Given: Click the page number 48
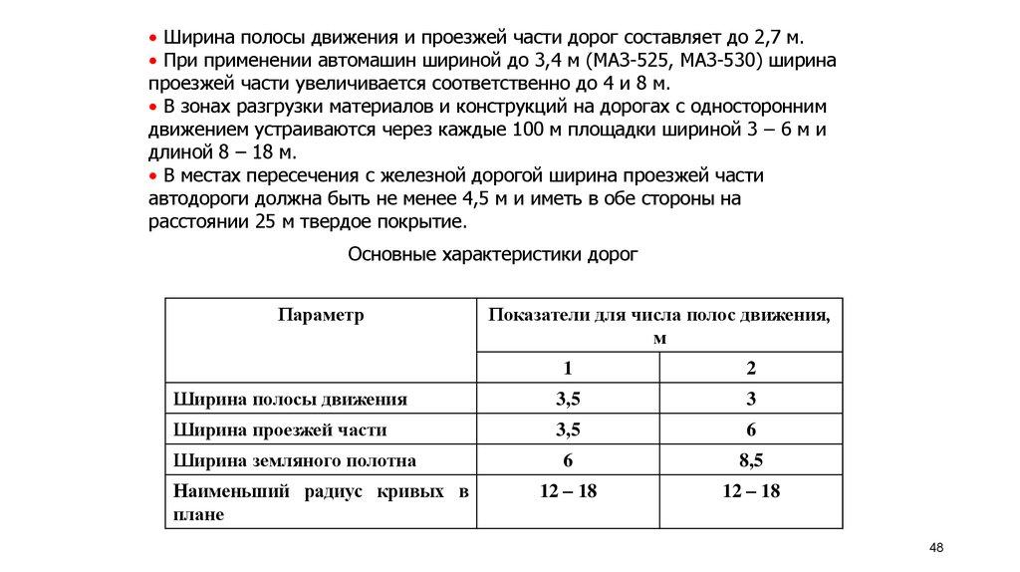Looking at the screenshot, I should (x=935, y=548).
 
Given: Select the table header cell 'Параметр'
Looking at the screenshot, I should (x=321, y=315).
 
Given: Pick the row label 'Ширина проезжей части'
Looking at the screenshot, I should (x=280, y=430).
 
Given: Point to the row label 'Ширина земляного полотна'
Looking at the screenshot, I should (x=294, y=461).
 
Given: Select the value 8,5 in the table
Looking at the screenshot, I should (x=751, y=461).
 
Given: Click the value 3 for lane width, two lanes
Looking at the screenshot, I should (x=751, y=400).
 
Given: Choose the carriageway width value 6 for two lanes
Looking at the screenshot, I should (x=751, y=430).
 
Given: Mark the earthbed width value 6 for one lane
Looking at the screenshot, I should (x=568, y=461).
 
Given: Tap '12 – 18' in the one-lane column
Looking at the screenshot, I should (x=568, y=492).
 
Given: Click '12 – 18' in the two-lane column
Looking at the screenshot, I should (x=751, y=492).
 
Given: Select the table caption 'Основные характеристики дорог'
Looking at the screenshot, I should (x=492, y=254).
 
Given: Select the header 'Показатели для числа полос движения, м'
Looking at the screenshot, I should (x=659, y=326).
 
